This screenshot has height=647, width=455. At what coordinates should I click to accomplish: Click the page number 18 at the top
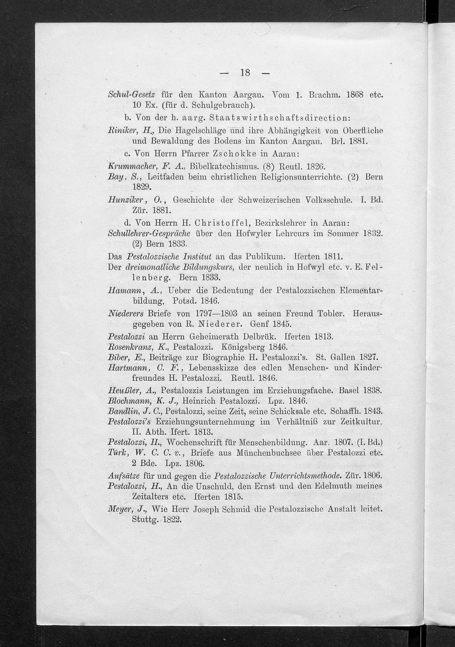pyautogui.click(x=245, y=73)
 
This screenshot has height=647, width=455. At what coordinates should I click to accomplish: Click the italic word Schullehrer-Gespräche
pyautogui.click(x=149, y=234)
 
